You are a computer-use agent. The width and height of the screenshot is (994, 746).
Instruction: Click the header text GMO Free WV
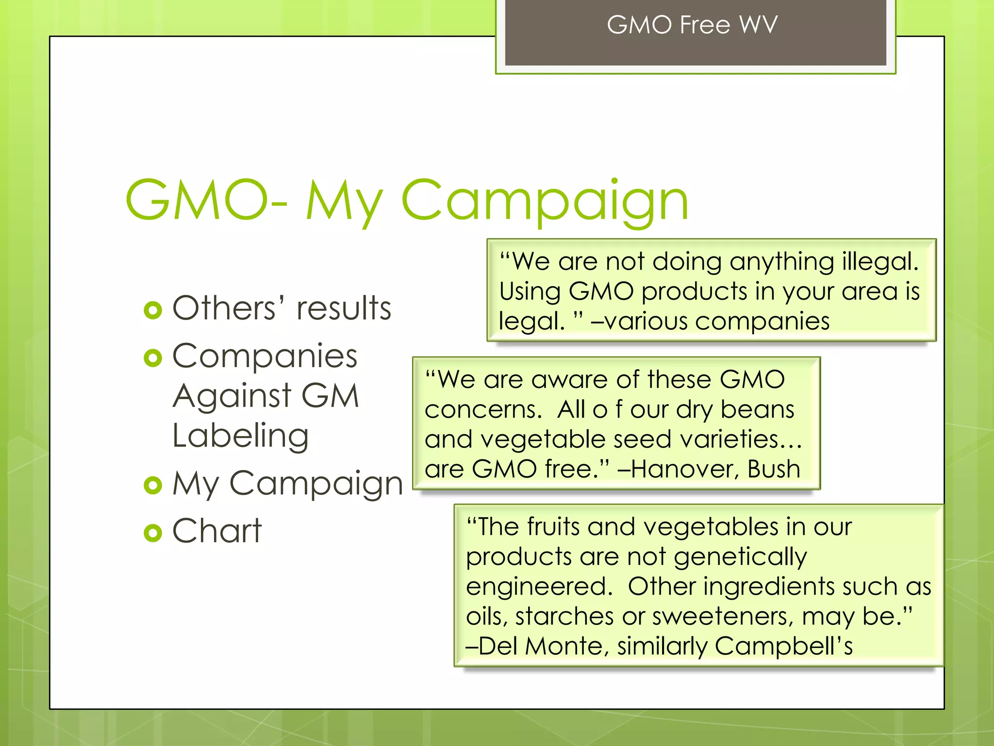pos(692,25)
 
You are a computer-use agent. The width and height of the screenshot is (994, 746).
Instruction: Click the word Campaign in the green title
pos(544,200)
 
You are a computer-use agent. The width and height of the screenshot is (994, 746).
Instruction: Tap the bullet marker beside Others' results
pos(153,310)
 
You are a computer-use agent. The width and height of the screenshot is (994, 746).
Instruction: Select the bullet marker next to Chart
pos(153,533)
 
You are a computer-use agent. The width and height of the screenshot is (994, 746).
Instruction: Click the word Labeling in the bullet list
pos(241,436)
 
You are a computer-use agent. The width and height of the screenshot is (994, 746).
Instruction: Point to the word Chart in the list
pos(217,530)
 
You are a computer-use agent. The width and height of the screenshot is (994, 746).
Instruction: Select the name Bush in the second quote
pos(774,469)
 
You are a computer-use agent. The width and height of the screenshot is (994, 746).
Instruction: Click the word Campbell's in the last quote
pos(783,646)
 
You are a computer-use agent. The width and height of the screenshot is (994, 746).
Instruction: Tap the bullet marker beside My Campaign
pos(153,485)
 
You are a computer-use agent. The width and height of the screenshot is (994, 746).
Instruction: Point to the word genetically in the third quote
pos(740,557)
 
